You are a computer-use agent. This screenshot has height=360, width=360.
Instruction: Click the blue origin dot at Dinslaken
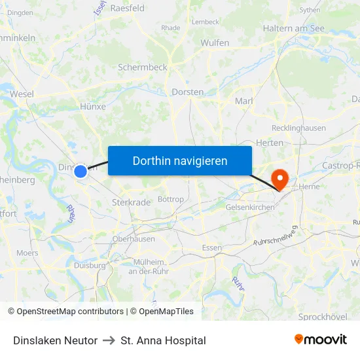[x=81, y=171]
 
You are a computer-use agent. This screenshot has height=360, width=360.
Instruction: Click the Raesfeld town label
[x=128, y=9]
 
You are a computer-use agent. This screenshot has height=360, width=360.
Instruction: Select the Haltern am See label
[x=293, y=28]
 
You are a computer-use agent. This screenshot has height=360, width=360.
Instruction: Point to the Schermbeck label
[x=143, y=67]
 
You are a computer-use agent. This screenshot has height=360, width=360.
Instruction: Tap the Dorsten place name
[x=187, y=92]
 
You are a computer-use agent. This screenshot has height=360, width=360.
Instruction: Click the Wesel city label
[x=22, y=94]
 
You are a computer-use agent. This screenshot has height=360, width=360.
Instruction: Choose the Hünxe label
[x=92, y=107]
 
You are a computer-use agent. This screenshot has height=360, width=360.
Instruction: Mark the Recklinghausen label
[x=298, y=128]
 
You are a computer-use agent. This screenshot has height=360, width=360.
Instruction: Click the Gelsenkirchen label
[x=249, y=207]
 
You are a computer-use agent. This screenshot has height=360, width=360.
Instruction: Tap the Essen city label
[x=212, y=247]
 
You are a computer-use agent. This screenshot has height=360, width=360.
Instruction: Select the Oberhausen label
[x=134, y=239]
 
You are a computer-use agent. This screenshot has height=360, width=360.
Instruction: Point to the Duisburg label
[x=89, y=265]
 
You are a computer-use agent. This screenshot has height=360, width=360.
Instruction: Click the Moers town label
[x=27, y=253]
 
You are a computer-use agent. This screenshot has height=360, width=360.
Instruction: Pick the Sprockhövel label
[x=323, y=317]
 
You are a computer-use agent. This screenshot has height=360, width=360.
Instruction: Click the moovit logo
[x=321, y=339]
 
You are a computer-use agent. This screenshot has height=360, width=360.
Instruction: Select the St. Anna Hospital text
[x=163, y=340]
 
